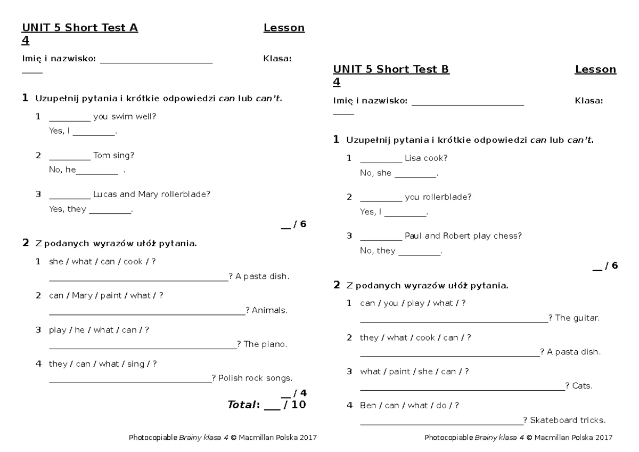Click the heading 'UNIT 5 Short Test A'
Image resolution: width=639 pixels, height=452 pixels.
point(80,28)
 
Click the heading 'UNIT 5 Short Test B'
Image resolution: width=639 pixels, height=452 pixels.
point(391,69)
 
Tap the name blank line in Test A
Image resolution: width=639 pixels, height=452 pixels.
point(156,60)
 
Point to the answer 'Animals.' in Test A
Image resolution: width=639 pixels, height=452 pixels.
point(269,310)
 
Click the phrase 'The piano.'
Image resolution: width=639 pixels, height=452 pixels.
point(265,344)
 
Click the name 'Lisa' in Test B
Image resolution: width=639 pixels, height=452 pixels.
point(413,158)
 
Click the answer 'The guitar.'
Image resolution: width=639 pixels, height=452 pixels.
point(577,318)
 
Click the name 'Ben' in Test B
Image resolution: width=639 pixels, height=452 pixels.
point(367,406)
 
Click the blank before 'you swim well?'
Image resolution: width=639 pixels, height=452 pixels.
point(70,117)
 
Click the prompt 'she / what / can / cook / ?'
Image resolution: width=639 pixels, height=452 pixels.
point(102,262)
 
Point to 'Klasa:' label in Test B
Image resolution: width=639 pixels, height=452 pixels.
point(588,101)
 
